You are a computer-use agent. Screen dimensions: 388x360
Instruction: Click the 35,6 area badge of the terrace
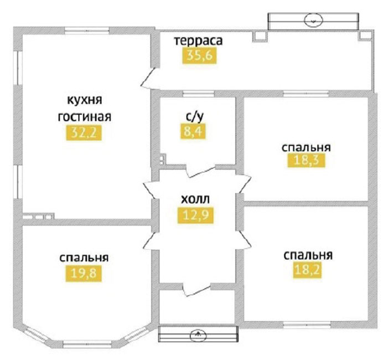pos(199,56)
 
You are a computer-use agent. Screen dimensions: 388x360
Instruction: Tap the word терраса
pos(199,40)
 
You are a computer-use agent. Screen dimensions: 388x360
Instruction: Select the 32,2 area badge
pos(84,133)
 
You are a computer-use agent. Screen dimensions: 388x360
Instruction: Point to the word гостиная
pos(84,117)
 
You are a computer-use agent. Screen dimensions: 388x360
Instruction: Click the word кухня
pos(85,100)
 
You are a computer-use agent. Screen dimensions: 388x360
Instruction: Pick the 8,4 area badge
pos(193,131)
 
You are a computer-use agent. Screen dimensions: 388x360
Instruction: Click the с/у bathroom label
pos(195,116)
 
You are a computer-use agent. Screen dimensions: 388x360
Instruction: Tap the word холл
pos(195,199)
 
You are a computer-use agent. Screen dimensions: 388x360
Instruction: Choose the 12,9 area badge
pos(195,215)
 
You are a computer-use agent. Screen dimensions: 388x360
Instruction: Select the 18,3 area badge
pos(306,160)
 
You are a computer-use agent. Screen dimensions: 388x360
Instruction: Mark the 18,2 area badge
pos(307,270)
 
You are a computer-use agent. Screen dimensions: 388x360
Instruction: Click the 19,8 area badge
pos(84,274)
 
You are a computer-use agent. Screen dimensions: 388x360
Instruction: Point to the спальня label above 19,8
pos(84,258)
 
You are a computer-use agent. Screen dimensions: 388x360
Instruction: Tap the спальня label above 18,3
pos(306,147)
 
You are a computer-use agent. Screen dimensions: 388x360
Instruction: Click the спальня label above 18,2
pos(308,255)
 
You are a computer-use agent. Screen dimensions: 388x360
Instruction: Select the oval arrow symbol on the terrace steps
pos(313,20)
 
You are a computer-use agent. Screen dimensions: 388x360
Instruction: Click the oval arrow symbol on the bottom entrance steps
pos(198,335)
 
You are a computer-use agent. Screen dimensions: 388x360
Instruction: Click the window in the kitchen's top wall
pos(87,30)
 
